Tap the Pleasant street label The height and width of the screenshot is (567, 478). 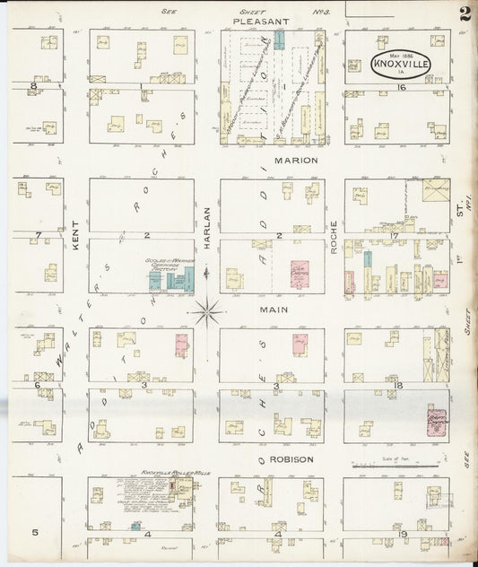[x=260, y=20]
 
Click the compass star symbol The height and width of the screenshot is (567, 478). [x=207, y=311]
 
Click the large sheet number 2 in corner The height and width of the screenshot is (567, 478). [x=465, y=13]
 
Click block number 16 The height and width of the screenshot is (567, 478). [x=403, y=88]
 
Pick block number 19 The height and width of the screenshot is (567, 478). [x=403, y=534]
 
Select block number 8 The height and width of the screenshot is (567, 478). [x=35, y=86]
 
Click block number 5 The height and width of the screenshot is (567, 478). [x=35, y=532]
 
